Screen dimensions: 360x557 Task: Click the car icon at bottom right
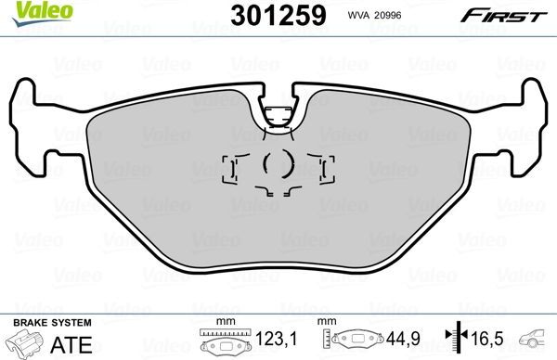point(536,341)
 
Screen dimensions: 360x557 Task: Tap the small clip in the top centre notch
point(276,116)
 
